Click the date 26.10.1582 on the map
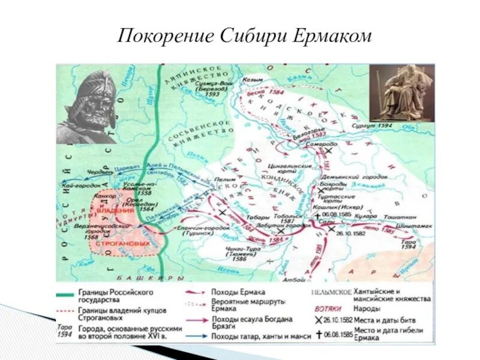click(349, 233)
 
